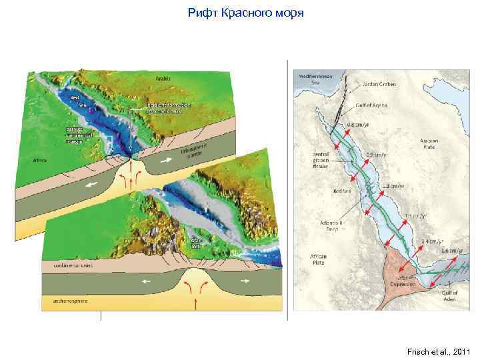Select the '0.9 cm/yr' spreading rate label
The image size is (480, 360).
click(375, 155)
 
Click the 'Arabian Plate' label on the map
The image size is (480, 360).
click(429, 143)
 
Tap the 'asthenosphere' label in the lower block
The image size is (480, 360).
click(64, 302)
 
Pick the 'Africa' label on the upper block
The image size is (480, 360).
click(41, 161)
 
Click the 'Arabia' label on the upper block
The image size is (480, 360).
click(163, 78)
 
